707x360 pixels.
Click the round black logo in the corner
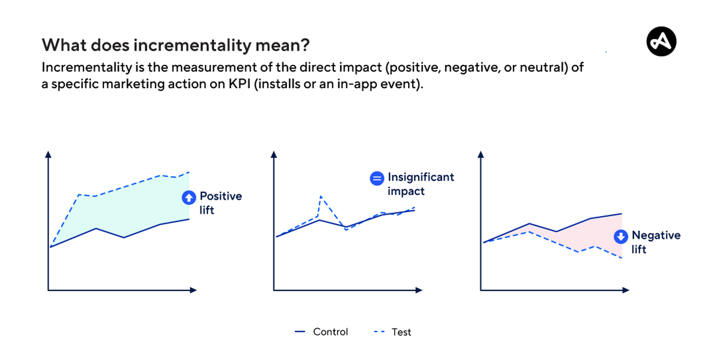pos(661,42)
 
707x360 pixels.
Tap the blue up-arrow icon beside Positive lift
pos(188,197)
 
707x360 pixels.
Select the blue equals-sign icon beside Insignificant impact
pos(377,178)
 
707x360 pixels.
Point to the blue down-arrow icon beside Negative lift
pos(621,237)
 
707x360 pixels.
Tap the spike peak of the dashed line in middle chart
pos(321,196)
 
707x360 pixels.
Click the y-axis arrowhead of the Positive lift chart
pos(48,154)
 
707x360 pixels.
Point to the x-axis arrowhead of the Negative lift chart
pos(625,290)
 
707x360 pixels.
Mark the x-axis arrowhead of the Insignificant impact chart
pos(418,290)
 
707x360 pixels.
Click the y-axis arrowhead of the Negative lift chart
pos(481,154)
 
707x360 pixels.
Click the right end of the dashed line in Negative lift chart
pos(622,258)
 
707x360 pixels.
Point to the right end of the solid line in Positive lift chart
pos(189,219)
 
